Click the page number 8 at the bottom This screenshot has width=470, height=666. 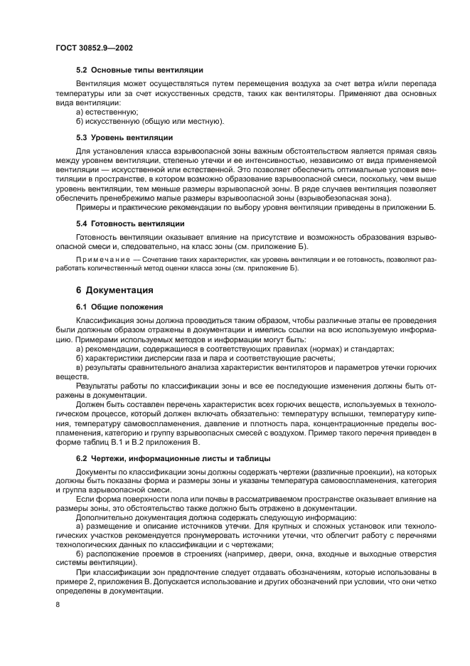(58, 604)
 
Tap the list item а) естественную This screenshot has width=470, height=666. (107, 112)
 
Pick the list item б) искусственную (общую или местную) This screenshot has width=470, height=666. (149, 121)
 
